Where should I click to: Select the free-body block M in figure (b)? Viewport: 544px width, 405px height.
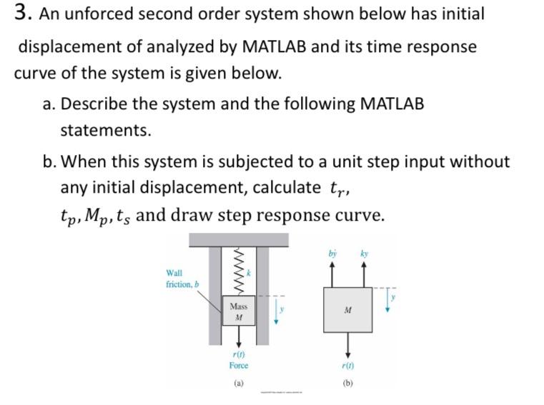(x=347, y=310)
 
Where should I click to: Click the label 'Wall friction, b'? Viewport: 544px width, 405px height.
(x=182, y=279)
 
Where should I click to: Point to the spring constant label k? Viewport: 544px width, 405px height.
(x=249, y=273)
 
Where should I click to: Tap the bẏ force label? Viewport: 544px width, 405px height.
(x=332, y=254)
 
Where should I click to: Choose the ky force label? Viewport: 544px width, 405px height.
(x=365, y=254)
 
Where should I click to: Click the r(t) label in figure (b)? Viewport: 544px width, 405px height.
(x=347, y=365)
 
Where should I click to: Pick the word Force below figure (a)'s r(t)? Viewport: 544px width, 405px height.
(x=239, y=366)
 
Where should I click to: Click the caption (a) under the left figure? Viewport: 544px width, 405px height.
(x=239, y=383)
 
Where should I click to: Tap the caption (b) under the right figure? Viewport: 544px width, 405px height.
(x=347, y=383)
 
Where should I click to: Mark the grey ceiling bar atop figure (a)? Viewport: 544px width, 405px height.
(x=239, y=239)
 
